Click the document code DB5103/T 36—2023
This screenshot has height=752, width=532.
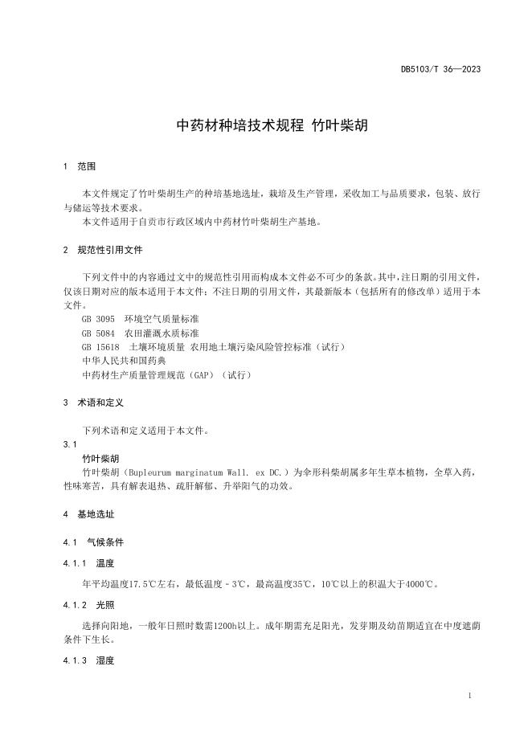440,69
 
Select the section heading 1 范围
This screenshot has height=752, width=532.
79,167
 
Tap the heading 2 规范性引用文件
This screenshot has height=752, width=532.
102,250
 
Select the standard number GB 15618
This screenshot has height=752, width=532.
100,346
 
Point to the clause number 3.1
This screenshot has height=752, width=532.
69,443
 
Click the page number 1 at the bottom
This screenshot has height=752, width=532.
469,695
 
